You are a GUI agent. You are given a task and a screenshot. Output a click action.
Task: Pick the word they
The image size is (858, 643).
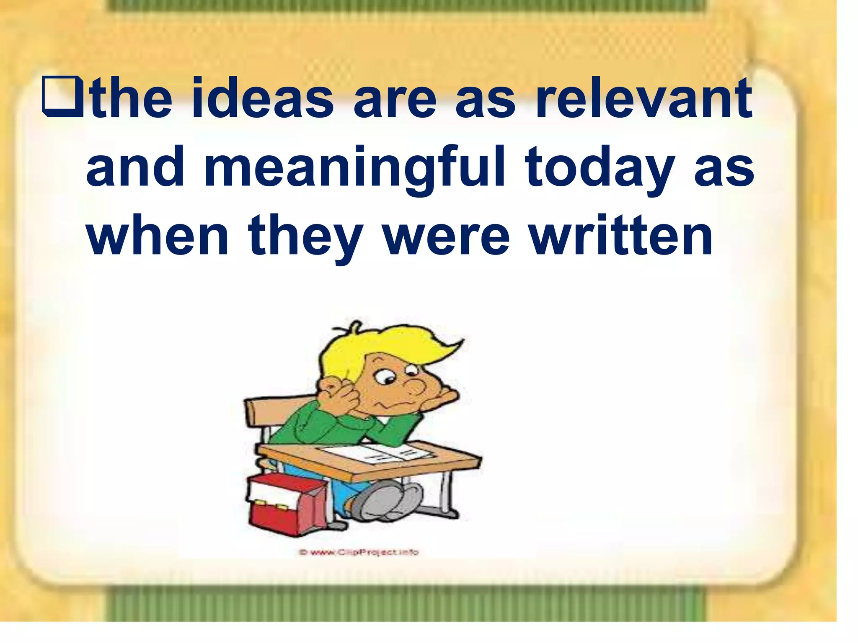(x=305, y=237)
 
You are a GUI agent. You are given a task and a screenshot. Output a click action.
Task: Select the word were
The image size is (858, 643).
(x=446, y=237)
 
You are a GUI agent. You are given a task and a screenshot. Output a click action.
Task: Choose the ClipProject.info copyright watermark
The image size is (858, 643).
(x=359, y=552)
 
